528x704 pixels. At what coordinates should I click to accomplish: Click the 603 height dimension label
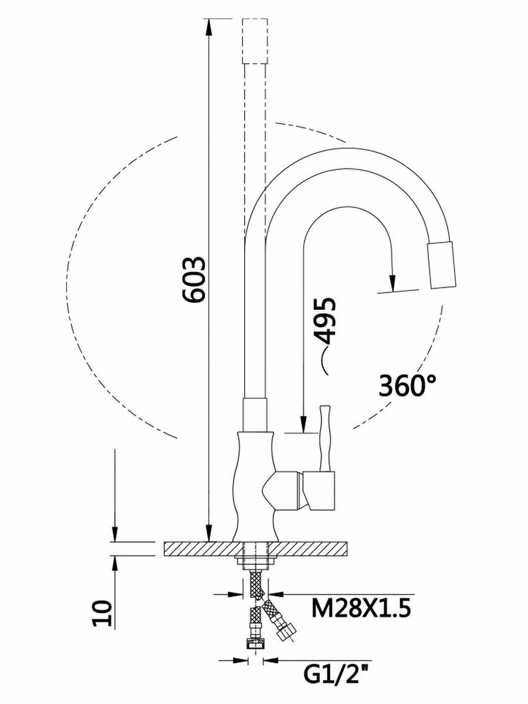[194, 279]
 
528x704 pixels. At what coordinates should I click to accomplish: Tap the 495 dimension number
[324, 321]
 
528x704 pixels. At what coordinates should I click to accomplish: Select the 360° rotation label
[408, 385]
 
